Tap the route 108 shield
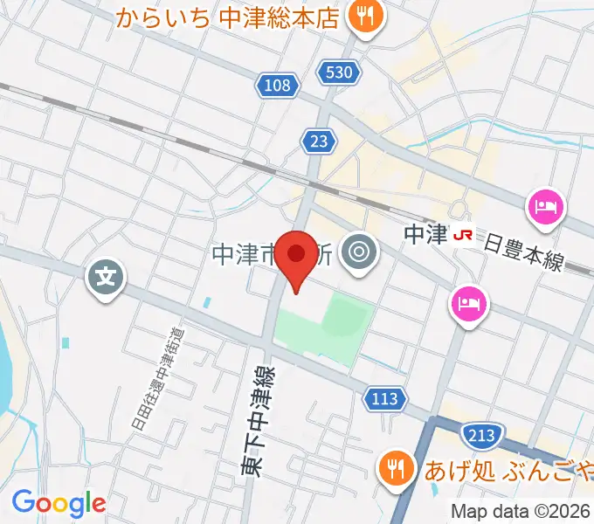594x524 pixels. click(x=277, y=85)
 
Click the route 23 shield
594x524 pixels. click(x=318, y=140)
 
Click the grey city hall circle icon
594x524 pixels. click(x=358, y=253)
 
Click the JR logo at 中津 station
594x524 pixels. click(x=462, y=235)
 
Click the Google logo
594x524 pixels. click(x=59, y=503)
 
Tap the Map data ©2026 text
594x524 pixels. click(x=520, y=511)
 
